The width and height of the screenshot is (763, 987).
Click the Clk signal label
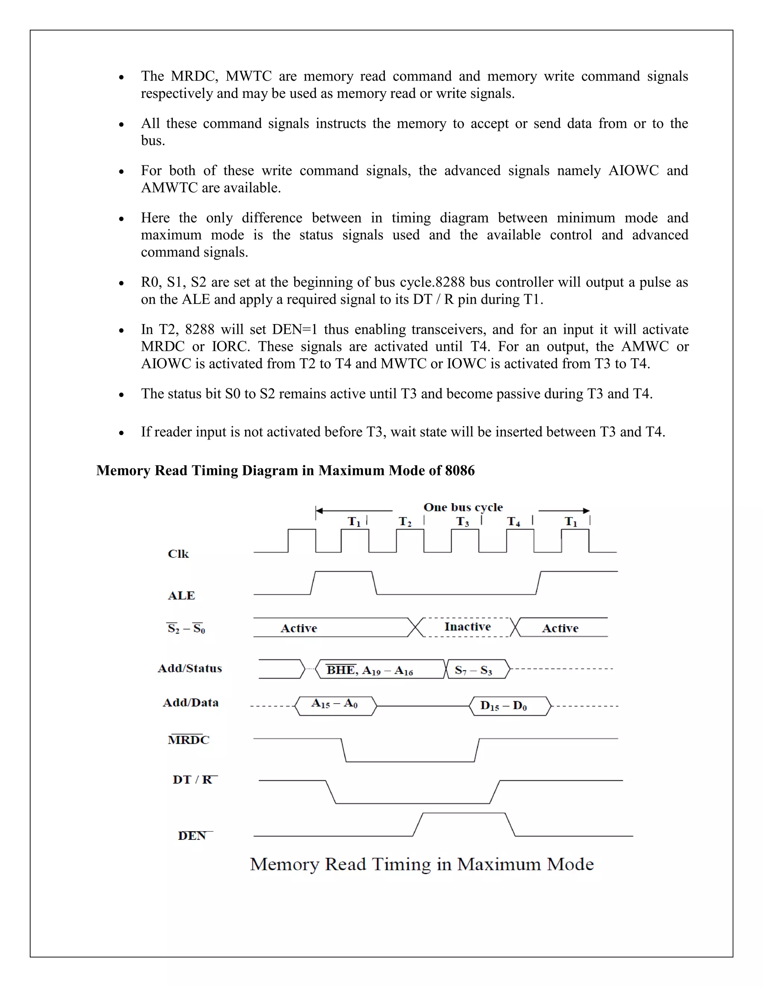178,554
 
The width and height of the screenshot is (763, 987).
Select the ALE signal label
181,596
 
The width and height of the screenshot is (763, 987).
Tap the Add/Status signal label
190,669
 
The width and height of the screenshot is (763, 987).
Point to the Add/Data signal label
190,703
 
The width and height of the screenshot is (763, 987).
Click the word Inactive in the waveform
468,627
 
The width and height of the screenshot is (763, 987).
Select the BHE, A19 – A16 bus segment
370,670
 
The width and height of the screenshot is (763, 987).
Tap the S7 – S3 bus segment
473,670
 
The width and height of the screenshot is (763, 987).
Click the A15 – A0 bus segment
335,703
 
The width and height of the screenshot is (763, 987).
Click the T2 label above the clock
405,522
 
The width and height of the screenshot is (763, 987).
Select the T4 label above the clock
513,522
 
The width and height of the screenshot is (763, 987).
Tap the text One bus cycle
463,507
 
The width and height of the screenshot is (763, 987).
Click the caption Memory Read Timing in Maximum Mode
421,864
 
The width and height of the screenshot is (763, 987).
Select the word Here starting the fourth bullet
155,218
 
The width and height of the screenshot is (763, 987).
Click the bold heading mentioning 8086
285,470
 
